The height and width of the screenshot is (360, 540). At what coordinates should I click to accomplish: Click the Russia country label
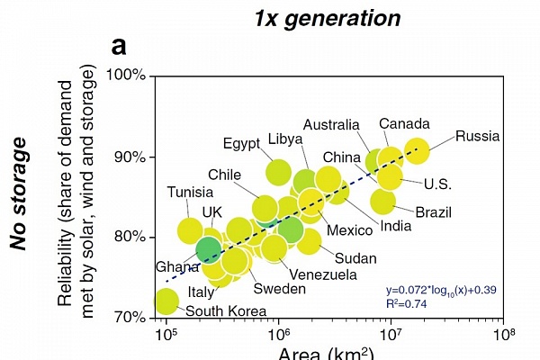point(478,137)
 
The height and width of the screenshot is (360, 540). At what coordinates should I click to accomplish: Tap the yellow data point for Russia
point(417,150)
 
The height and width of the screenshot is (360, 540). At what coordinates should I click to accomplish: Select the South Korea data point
point(166,300)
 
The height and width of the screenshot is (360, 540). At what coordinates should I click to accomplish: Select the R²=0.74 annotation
point(406,304)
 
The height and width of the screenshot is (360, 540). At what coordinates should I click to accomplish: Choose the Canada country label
point(404,124)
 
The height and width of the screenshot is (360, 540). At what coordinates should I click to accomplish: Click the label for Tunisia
point(190,192)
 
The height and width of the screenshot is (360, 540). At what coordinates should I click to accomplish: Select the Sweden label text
point(279,289)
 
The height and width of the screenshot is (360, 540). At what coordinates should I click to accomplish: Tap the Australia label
point(331,125)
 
